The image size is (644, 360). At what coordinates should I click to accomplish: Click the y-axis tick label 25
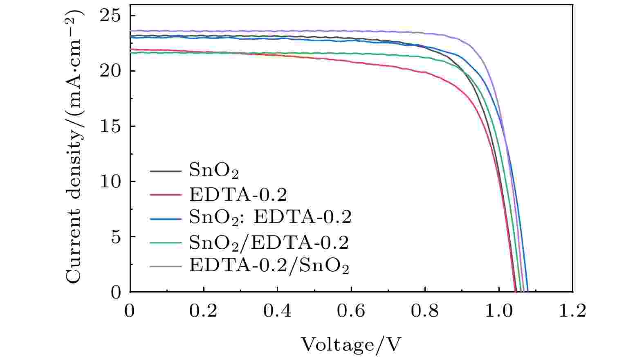point(112,16)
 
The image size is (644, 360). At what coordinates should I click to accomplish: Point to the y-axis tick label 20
point(112,71)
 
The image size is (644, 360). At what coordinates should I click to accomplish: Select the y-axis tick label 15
point(112,126)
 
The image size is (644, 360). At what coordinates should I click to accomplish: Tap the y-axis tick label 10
point(112,182)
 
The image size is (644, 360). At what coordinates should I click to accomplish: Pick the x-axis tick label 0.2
point(203,311)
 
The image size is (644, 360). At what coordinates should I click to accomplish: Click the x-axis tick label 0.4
point(277,311)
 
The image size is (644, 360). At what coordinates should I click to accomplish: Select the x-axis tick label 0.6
point(351,311)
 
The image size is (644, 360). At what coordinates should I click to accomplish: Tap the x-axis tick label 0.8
point(425,311)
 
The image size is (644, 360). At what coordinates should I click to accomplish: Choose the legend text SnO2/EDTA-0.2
point(269,243)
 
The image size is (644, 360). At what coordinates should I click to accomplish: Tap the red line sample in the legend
point(165,195)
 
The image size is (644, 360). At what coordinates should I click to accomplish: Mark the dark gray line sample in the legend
point(165,171)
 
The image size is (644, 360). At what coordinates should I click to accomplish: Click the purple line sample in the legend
point(165,266)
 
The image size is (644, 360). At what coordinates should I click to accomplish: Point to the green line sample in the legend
point(165,243)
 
